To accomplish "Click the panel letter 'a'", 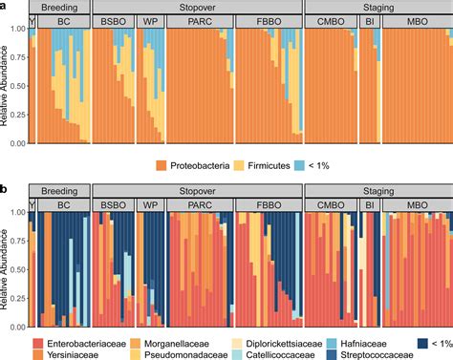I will click(x=5, y=5).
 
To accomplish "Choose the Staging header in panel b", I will click(x=376, y=190).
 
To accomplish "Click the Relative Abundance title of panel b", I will click(x=6, y=267).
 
